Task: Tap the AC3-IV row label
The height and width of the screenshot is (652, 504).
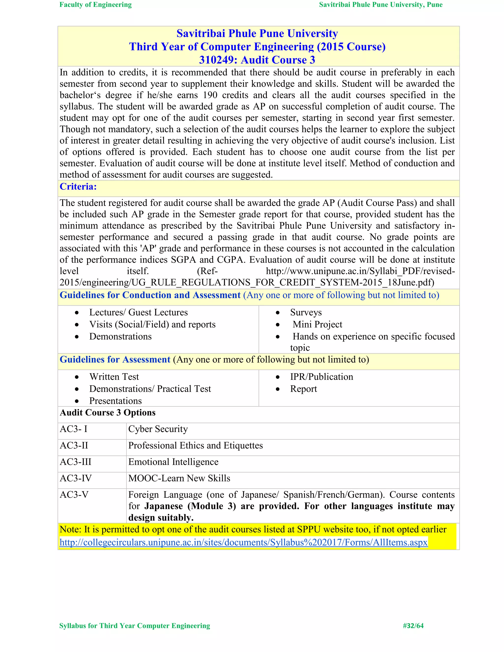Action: coord(76,478)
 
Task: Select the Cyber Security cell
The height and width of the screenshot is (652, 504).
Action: coord(158,429)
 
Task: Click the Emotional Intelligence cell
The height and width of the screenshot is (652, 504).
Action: coord(173,462)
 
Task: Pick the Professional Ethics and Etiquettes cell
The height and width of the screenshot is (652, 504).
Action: coord(196,445)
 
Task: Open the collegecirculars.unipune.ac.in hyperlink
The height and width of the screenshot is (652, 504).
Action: coord(243,542)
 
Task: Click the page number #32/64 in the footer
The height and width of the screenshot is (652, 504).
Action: coord(413,626)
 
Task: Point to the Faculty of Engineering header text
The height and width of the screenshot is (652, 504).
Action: coord(95,5)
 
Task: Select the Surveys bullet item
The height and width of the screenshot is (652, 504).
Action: coord(306,312)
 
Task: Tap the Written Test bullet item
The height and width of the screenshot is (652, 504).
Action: coord(114,377)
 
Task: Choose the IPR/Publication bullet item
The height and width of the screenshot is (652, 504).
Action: coord(322,377)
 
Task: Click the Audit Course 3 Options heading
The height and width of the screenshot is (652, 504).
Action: coord(108,413)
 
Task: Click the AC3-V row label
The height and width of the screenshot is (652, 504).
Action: coord(74,495)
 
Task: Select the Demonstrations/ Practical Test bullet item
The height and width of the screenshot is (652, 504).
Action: coord(150,389)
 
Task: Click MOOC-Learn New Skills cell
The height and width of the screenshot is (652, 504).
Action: coord(179,478)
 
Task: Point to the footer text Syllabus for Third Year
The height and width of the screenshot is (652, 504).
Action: coord(134,626)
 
